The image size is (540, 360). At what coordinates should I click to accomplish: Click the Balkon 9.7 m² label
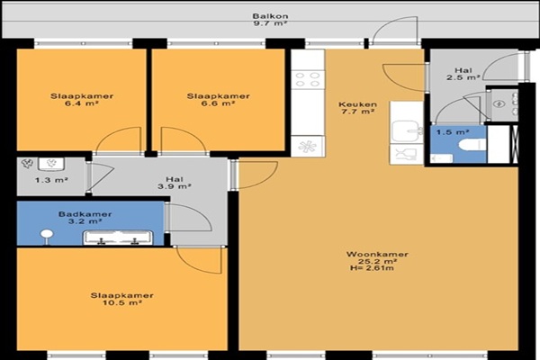pos(270,20)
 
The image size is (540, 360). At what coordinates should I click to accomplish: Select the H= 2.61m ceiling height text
pos(371,268)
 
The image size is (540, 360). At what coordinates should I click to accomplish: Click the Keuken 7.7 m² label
pos(357,107)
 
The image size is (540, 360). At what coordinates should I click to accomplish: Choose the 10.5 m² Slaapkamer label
pos(122,299)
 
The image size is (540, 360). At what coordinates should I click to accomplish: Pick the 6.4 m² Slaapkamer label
pos(82,99)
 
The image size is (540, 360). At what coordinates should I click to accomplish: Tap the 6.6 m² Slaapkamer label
pos(219,99)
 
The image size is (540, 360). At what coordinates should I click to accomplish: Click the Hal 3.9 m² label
pos(175,183)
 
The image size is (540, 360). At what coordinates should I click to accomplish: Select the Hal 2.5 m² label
pos(463,74)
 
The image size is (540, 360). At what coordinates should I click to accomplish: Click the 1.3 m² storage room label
pos(51,179)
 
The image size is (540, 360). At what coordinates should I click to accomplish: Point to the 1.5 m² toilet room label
pos(453,131)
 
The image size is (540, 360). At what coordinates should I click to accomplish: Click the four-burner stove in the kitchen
pos(308,79)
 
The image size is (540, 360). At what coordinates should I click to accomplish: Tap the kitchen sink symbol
pos(408,130)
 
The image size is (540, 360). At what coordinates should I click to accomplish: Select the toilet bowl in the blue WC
pos(472,145)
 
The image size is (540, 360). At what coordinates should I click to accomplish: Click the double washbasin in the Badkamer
pos(118,238)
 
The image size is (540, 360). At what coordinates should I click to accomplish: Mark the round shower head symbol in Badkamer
pos(47,236)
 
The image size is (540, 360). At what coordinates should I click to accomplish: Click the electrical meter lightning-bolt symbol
pos(499,103)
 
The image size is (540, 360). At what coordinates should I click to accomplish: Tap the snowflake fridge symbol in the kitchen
pos(308,147)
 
